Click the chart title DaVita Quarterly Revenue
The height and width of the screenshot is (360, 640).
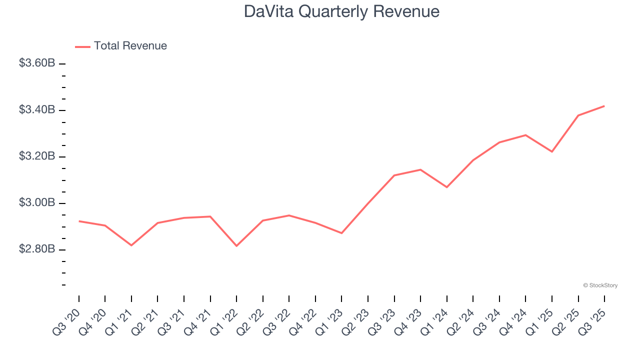(x=341, y=11)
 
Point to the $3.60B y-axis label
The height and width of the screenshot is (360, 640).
(x=37, y=63)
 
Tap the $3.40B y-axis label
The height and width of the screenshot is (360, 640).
(x=37, y=110)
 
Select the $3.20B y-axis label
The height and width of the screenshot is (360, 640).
(x=37, y=156)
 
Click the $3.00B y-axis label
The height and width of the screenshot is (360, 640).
(x=37, y=203)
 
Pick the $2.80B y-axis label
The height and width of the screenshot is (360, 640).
(x=37, y=249)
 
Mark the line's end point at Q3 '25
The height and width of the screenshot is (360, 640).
(x=604, y=106)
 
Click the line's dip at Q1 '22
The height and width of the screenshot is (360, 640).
(x=236, y=246)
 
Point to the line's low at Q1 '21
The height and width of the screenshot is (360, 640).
(x=131, y=245)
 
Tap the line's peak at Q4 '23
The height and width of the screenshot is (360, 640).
(x=420, y=169)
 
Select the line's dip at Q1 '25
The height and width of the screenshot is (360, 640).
(x=552, y=151)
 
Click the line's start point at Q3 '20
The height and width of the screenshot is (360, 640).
(x=79, y=221)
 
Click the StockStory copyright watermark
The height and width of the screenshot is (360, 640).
(x=600, y=285)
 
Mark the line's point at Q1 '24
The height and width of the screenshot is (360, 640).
(x=446, y=187)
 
